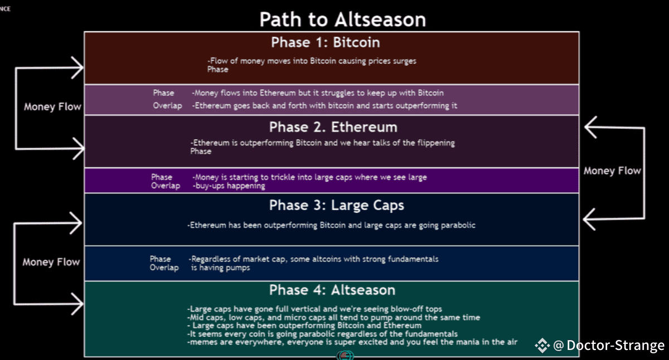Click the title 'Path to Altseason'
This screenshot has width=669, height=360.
coord(342,20)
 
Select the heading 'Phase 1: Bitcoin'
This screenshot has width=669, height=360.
coord(326,42)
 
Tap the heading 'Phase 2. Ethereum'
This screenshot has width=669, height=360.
coord(333,127)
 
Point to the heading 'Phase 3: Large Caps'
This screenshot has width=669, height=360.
coord(337,206)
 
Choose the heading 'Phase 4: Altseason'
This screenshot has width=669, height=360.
coord(332,290)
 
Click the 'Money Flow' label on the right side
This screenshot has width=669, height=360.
coord(612,171)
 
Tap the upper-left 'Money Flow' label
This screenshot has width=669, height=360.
coord(52,106)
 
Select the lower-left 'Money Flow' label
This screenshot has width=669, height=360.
coord(51,262)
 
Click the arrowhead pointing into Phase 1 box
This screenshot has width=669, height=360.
coord(78,68)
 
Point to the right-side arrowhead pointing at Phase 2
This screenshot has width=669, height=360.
coord(590,127)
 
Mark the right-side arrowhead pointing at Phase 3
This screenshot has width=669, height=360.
coord(589,220)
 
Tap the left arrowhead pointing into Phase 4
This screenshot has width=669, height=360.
coord(77,304)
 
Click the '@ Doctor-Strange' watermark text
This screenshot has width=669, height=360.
coord(609,346)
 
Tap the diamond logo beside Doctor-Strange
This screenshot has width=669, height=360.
coord(542,346)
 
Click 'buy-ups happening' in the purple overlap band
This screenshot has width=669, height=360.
coord(230,186)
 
